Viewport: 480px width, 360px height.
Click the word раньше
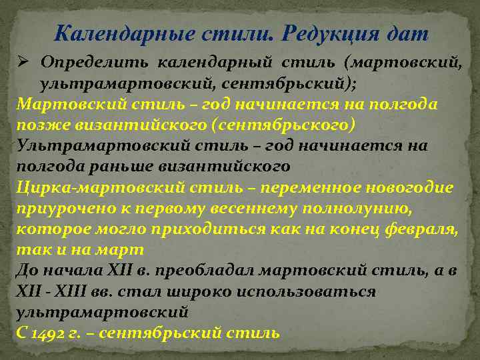[109, 167]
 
